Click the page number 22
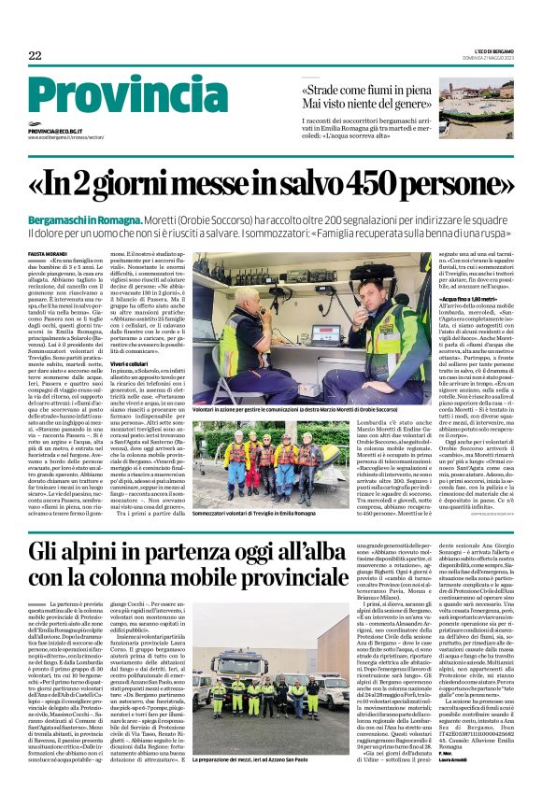tap(36, 56)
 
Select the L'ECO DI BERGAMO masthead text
tap(492, 49)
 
